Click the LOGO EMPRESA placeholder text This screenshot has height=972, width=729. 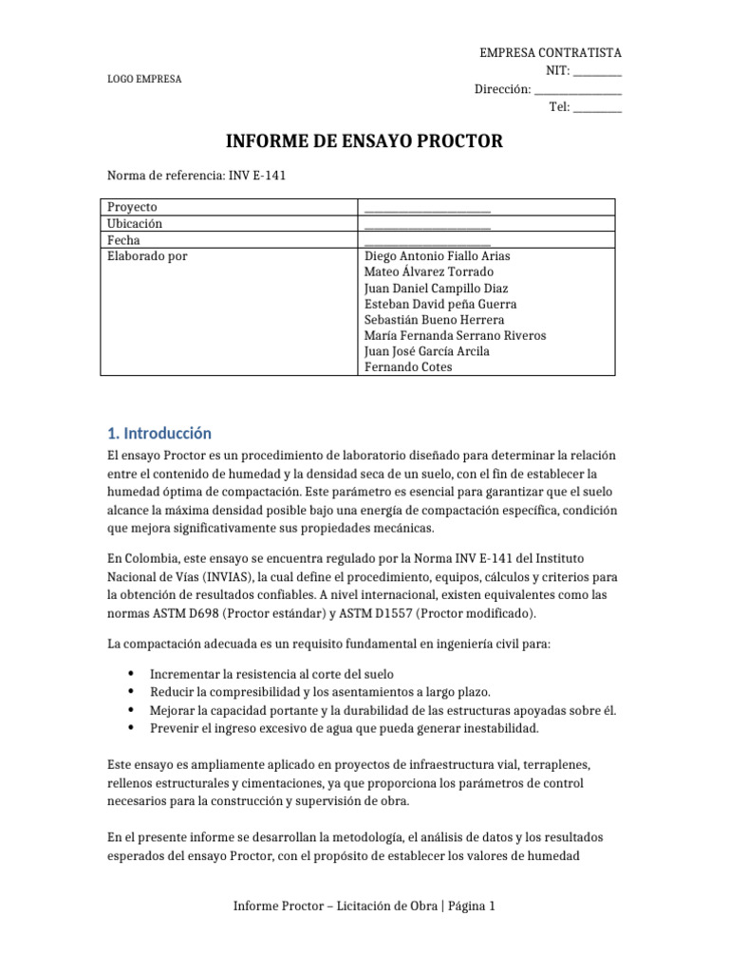pyautogui.click(x=144, y=79)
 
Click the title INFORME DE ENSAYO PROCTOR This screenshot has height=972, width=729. pyautogui.click(x=364, y=142)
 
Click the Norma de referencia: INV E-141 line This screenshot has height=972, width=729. pyautogui.click(x=196, y=176)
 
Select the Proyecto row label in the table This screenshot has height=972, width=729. pyautogui.click(x=132, y=207)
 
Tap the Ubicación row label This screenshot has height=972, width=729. pyautogui.click(x=135, y=224)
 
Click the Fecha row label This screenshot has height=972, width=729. pyautogui.click(x=124, y=241)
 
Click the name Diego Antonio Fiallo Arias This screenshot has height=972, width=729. pyautogui.click(x=438, y=256)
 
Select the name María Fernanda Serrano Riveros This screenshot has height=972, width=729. pyautogui.click(x=455, y=336)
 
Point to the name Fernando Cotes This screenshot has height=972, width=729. pyautogui.click(x=408, y=367)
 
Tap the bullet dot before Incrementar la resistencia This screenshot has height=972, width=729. pyautogui.click(x=129, y=673)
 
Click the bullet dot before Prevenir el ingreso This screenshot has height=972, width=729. pyautogui.click(x=129, y=728)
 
